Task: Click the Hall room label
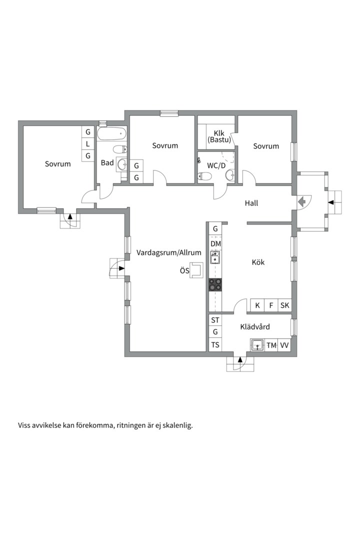tap(251, 203)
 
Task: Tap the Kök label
tap(258, 262)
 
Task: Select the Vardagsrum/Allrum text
tap(169, 253)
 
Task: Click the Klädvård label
tap(255, 327)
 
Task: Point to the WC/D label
tap(216, 165)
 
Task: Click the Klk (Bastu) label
tap(219, 136)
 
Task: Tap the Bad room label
tap(107, 162)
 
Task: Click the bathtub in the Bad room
tap(111, 133)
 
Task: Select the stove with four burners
tap(215, 285)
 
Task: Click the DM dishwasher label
tap(215, 244)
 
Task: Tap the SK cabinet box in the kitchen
tap(285, 305)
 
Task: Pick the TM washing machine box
tap(271, 345)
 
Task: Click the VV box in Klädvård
tap(284, 345)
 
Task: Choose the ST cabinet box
tap(215, 320)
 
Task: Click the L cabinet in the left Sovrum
tap(88, 144)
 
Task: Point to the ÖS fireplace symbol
tap(197, 270)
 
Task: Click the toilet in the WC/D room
tap(204, 176)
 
